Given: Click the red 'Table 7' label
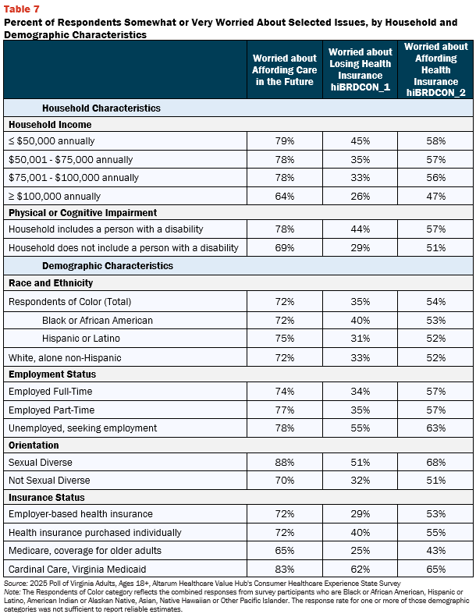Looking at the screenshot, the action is pos(22,9).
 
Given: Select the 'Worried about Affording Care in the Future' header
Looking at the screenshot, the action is pos(284,69).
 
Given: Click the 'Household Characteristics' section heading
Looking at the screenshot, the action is pos(101,108).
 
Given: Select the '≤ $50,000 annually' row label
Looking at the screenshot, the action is pos(52,141).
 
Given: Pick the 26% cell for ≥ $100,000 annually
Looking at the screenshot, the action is pos(360,196).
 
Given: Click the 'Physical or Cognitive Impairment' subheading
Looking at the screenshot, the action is pos(83,213).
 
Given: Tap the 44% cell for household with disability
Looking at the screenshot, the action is pos(360,229).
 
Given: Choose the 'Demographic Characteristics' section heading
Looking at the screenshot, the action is pos(108,265).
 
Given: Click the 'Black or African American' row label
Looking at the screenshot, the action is pos(98,321).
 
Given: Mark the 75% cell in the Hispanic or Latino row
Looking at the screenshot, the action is pos(284,339).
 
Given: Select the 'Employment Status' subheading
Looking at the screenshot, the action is pos(52,374).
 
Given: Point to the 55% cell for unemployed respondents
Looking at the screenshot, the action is pos(360,428).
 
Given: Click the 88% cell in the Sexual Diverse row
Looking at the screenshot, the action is pos(284,462).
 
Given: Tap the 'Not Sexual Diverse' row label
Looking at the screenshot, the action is pos(49,480).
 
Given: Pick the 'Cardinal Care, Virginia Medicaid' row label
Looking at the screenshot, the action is pos(77,569).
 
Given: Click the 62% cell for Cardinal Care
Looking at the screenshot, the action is pos(360,569).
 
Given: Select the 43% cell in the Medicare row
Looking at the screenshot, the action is pos(435,550).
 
